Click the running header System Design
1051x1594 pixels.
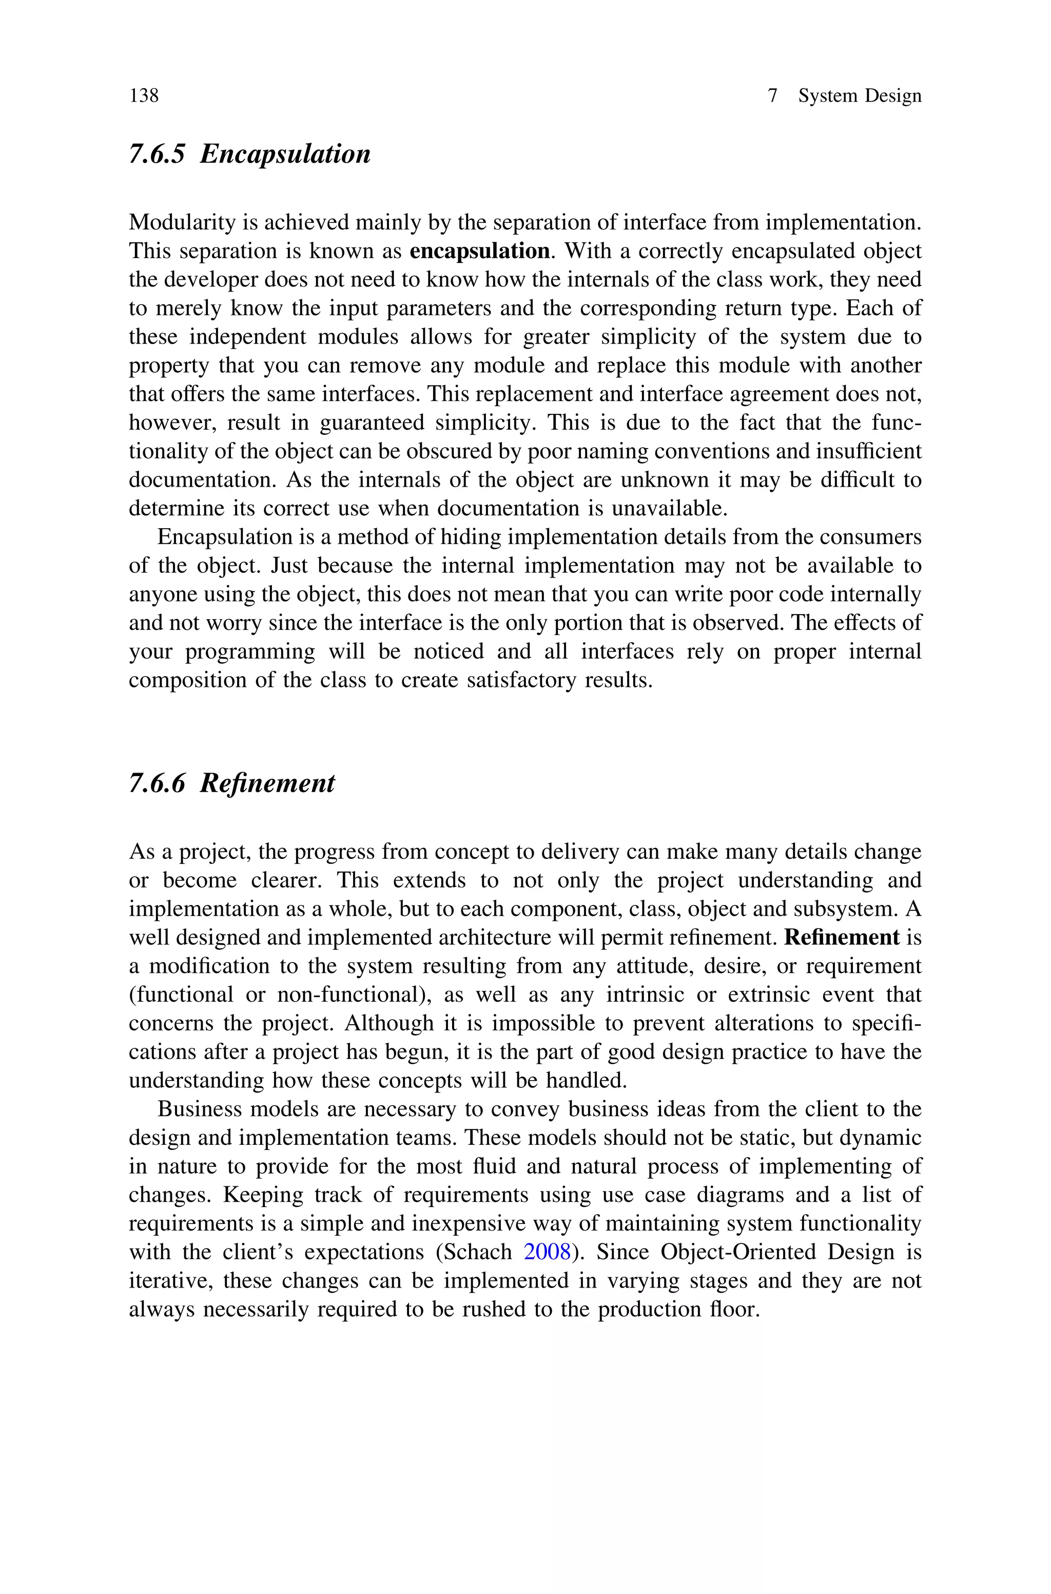(x=859, y=96)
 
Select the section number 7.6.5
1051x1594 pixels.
(x=156, y=154)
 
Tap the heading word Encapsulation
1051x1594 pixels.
(x=285, y=154)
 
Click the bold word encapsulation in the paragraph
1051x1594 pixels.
(x=479, y=252)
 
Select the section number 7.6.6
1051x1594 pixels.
(x=156, y=783)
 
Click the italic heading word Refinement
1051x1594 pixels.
(x=267, y=783)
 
